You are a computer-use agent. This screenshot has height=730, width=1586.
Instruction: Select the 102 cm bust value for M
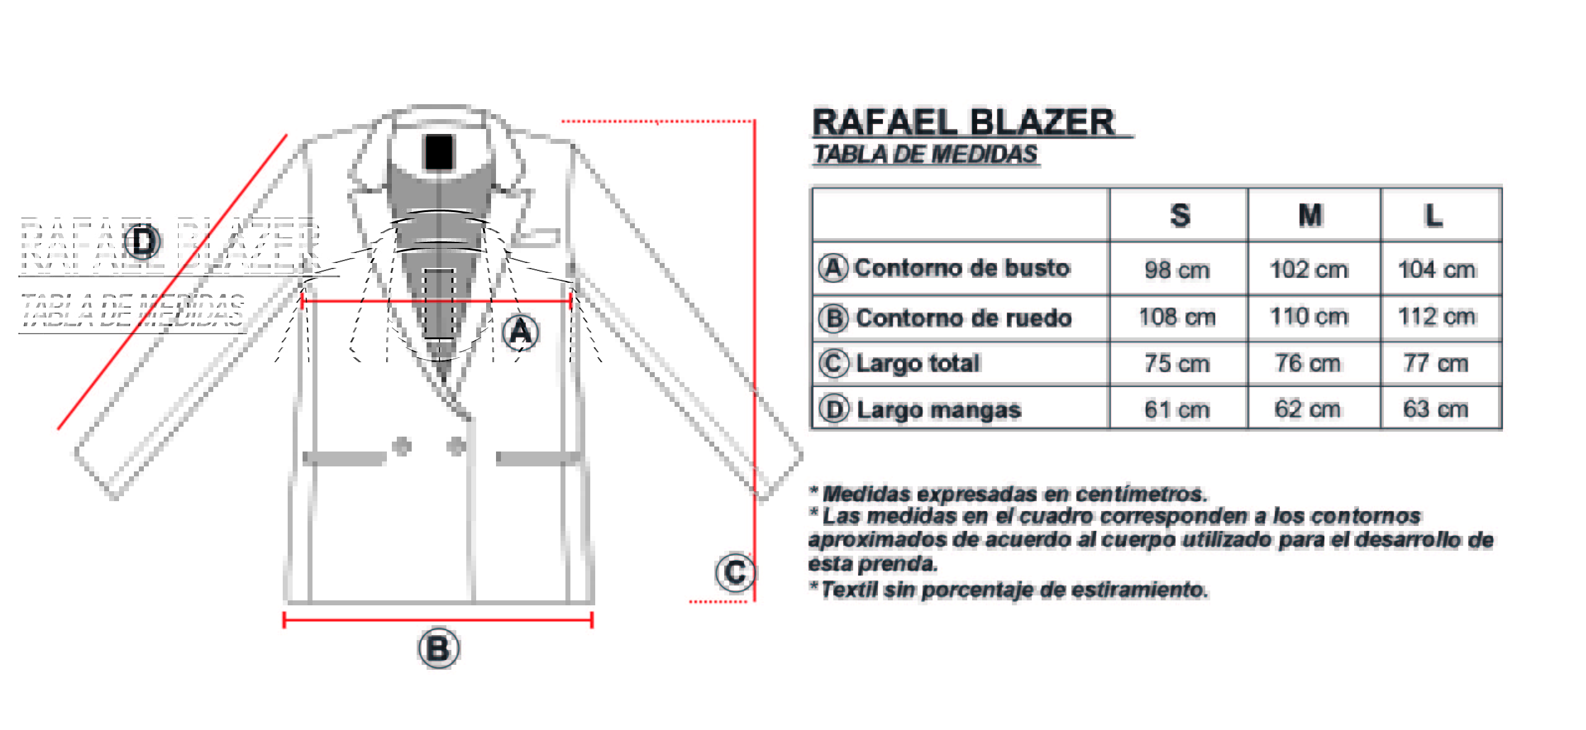click(x=1308, y=270)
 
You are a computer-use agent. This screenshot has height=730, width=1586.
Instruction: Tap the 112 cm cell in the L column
click(x=1436, y=317)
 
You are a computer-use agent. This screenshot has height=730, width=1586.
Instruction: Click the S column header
click(x=1179, y=216)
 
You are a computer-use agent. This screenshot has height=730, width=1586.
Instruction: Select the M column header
click(x=1309, y=216)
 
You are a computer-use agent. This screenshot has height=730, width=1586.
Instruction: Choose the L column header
click(x=1433, y=216)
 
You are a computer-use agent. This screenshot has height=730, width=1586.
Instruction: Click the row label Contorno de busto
click(x=962, y=268)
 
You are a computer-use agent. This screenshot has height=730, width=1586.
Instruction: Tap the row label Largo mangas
click(x=938, y=410)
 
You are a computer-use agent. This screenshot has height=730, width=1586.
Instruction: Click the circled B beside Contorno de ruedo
click(x=833, y=318)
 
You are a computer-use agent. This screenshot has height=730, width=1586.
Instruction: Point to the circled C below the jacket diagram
click(x=735, y=572)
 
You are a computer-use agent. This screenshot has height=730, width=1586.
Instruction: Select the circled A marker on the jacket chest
click(x=520, y=332)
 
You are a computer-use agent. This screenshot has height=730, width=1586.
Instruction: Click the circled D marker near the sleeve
click(x=143, y=241)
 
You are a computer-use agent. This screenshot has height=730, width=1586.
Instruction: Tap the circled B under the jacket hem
click(x=438, y=649)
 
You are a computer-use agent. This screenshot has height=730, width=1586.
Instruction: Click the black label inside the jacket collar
click(x=438, y=152)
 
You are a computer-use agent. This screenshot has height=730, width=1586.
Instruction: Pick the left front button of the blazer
click(x=402, y=445)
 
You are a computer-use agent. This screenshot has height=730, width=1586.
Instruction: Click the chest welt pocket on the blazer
click(x=536, y=237)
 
